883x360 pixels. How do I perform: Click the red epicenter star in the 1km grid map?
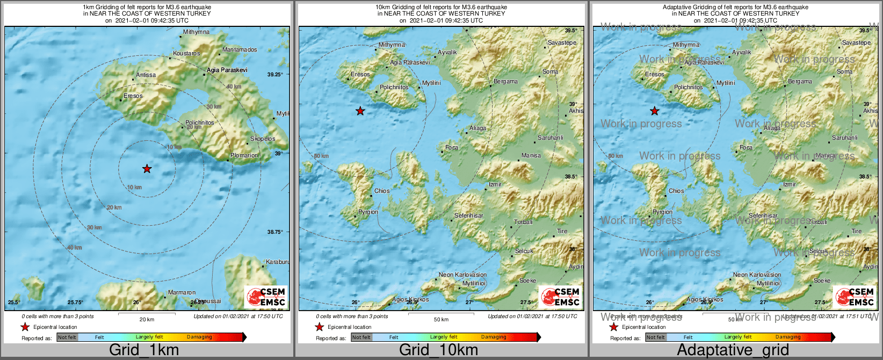(147, 169)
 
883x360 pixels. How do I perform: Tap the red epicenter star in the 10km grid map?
(360, 111)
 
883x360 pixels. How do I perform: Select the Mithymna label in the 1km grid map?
(196, 32)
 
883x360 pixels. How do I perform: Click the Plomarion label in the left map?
(244, 155)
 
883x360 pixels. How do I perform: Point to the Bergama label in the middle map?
(506, 82)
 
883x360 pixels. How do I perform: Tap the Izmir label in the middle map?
(495, 184)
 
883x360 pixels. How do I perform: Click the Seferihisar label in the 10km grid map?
(469, 215)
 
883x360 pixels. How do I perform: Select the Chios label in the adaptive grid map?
(676, 191)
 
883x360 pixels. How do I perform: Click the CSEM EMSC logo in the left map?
(265, 297)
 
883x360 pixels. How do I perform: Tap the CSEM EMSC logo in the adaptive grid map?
(854, 297)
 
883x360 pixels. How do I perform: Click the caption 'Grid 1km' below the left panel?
(143, 350)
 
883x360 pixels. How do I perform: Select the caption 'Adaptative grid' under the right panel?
(733, 350)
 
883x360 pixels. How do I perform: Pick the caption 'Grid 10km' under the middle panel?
(438, 350)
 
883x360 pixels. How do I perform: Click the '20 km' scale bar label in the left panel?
(147, 319)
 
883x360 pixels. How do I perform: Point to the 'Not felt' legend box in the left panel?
(67, 337)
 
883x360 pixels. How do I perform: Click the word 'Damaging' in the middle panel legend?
(494, 337)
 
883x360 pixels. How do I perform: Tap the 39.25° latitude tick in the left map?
(275, 75)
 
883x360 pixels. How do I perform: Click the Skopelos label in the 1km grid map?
(263, 139)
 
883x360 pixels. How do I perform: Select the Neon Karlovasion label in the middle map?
(462, 275)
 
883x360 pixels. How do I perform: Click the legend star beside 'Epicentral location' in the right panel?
(613, 327)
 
